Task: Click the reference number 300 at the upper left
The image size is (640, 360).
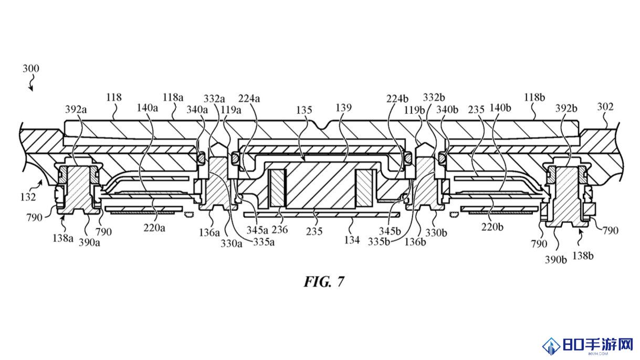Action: pyautogui.click(x=31, y=69)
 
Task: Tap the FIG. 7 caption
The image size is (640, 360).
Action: pyautogui.click(x=324, y=282)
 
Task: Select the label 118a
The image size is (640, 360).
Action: pyautogui.click(x=173, y=98)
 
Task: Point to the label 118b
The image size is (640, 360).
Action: pyautogui.click(x=534, y=98)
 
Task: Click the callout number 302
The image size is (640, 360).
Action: pyautogui.click(x=605, y=107)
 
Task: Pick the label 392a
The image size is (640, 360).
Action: pyautogui.click(x=76, y=109)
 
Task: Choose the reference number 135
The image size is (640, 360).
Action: pyautogui.click(x=303, y=110)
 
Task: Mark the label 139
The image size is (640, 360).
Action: pyautogui.click(x=343, y=108)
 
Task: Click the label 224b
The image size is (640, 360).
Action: pyautogui.click(x=397, y=99)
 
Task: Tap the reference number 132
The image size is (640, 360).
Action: pyautogui.click(x=28, y=197)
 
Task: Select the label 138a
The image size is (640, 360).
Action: pyautogui.click(x=63, y=238)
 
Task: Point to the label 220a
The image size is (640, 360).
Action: pyautogui.click(x=154, y=228)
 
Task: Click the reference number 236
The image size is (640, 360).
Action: pyautogui.click(x=280, y=229)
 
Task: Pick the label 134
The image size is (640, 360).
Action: pyautogui.click(x=352, y=240)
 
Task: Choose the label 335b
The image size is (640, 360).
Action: pyautogui.click(x=379, y=242)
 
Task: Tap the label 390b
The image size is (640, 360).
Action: pyautogui.click(x=555, y=260)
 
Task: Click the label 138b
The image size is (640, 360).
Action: pyautogui.click(x=583, y=256)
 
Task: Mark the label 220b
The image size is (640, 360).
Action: pyautogui.click(x=492, y=227)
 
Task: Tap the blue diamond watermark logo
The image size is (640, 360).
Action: pyautogui.click(x=551, y=346)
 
